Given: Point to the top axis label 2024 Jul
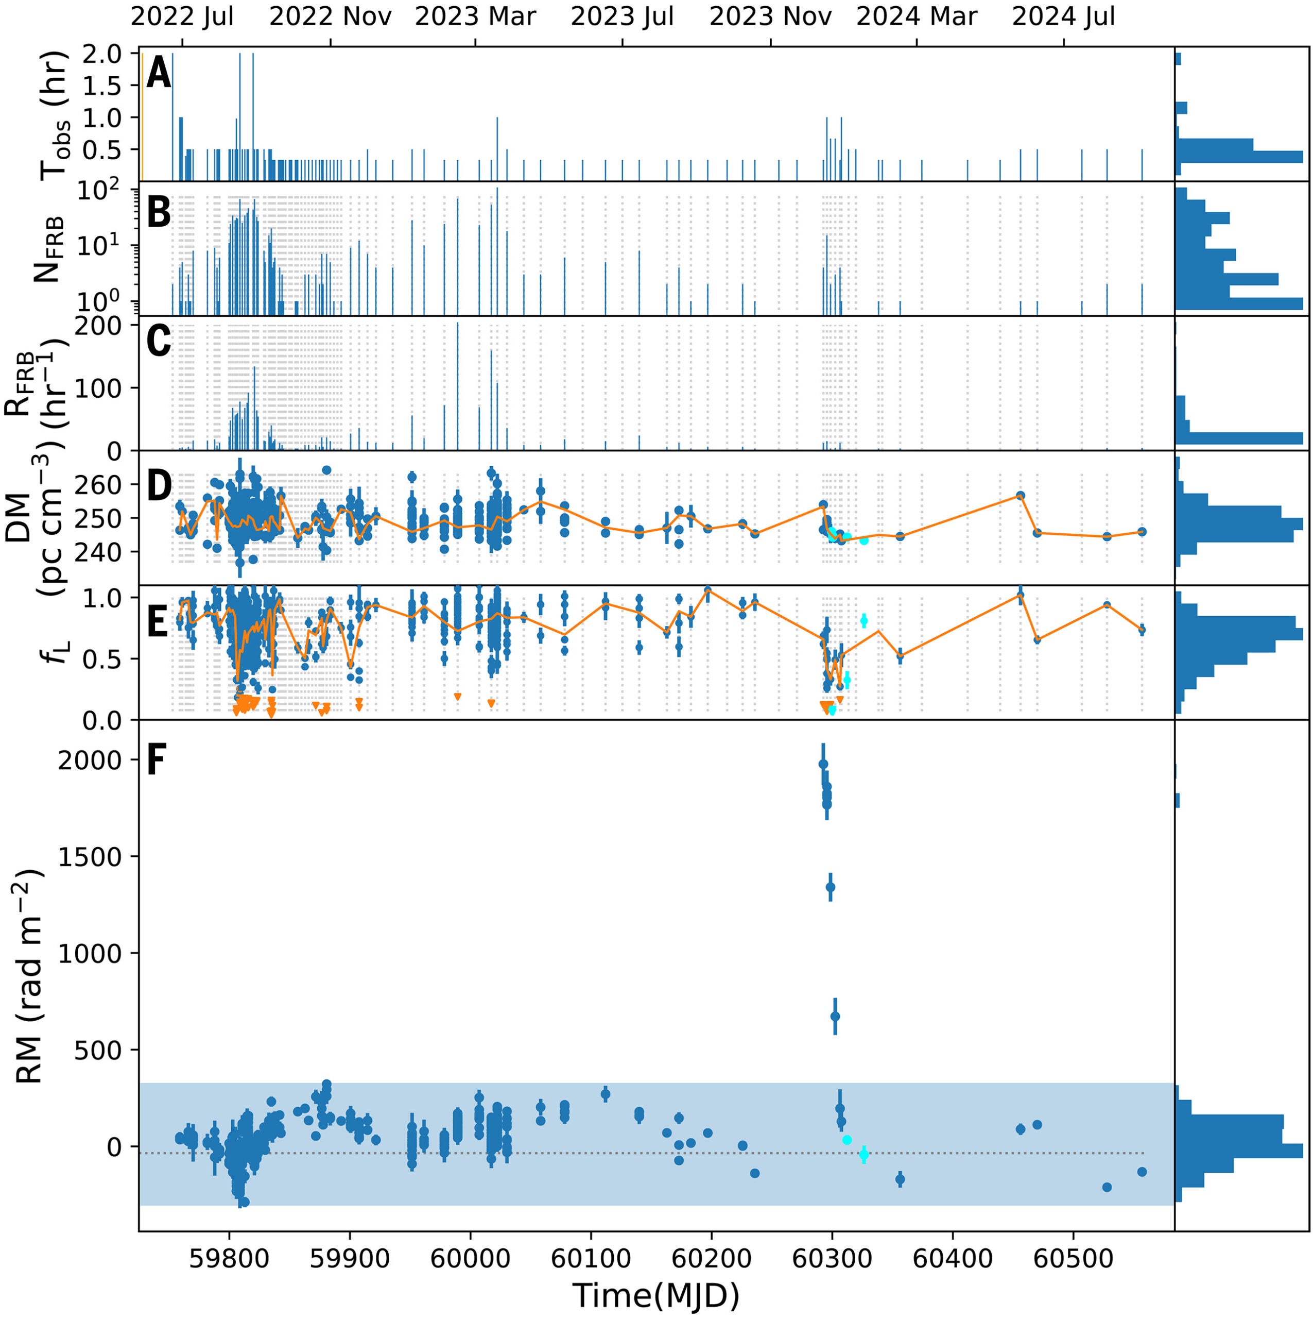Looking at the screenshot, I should point(1063,17).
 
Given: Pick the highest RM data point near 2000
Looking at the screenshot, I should point(823,764).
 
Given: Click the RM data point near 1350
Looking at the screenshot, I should point(831,887).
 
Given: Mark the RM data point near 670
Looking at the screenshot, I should point(835,1016).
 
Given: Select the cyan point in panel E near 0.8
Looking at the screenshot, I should point(864,620).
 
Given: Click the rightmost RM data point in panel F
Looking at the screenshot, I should point(1142,1172).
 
